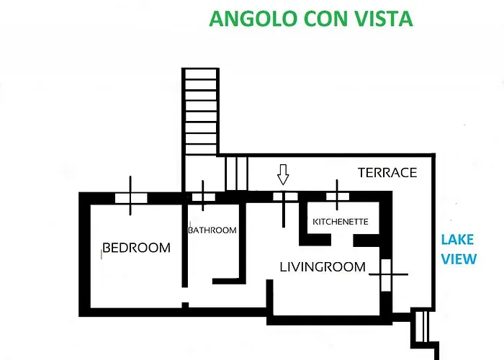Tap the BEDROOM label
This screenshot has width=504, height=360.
137,248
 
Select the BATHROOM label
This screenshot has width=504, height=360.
212,230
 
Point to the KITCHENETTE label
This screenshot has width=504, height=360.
341,222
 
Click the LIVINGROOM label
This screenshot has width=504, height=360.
323,267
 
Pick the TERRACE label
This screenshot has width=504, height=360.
387,173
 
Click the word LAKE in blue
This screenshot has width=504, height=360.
458,240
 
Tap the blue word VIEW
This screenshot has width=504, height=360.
459,258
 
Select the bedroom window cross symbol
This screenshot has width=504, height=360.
130,196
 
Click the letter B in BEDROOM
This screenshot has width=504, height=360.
107,248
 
